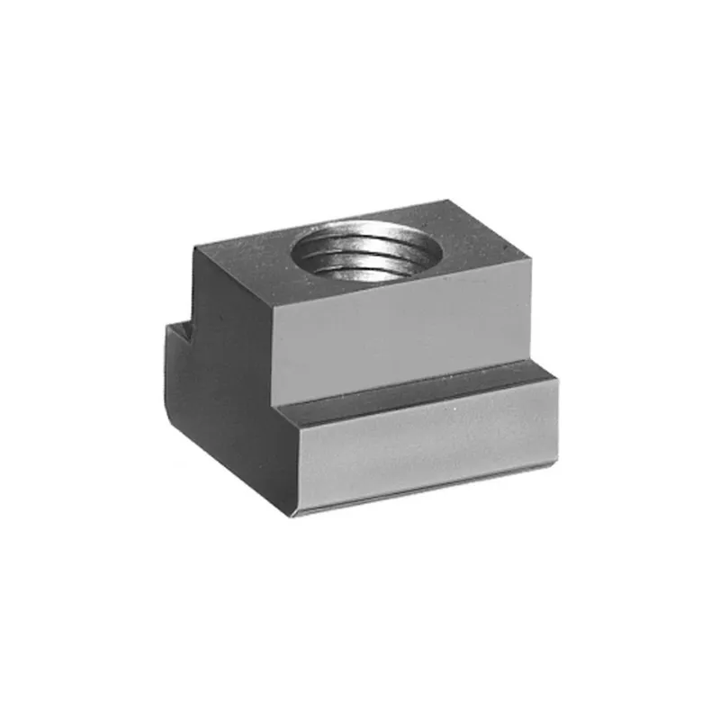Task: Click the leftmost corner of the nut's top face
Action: click(x=193, y=249)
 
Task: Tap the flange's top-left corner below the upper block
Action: click(x=274, y=409)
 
